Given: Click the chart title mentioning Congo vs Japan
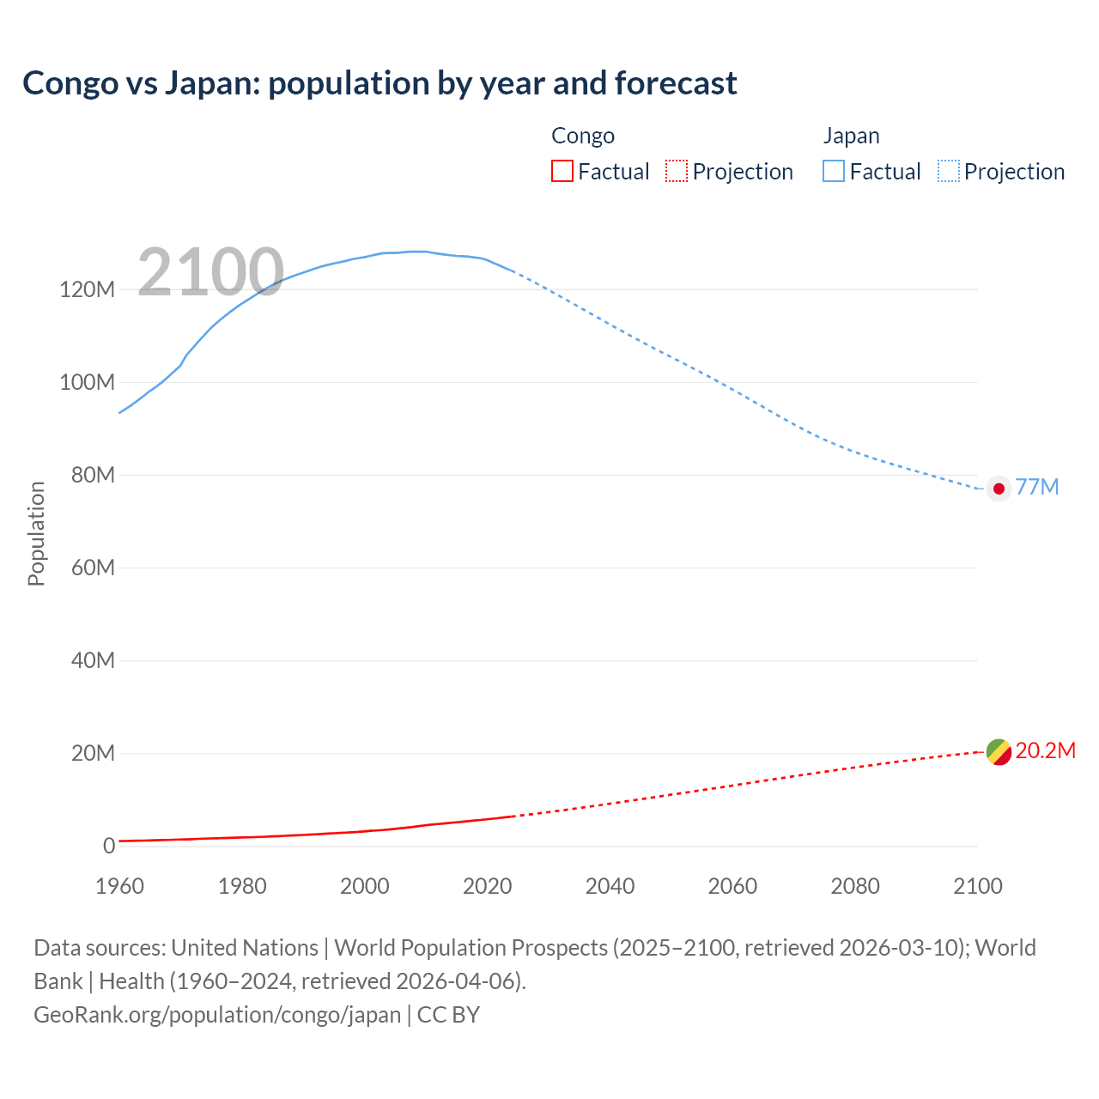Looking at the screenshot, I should [x=379, y=83].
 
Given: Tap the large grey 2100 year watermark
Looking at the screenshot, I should [x=210, y=272].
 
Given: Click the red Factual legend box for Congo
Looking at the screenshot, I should [x=562, y=172].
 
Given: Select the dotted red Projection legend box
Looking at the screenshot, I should [x=677, y=172].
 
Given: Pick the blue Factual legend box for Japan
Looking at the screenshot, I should [x=833, y=172].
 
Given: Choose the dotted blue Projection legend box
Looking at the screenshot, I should [x=948, y=172].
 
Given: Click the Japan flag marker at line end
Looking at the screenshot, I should [x=999, y=489].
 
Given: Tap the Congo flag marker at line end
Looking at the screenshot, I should [x=999, y=752].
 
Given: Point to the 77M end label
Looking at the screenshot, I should [x=1037, y=487].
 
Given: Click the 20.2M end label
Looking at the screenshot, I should [x=1045, y=751].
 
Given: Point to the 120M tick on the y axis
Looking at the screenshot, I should [x=87, y=289].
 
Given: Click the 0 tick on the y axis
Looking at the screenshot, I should [x=109, y=846].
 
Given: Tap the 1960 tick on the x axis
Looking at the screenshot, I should [x=119, y=886].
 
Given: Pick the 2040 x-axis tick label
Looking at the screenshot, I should [x=610, y=886].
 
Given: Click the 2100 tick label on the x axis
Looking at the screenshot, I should [x=977, y=886].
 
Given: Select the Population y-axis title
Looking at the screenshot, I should [x=36, y=533].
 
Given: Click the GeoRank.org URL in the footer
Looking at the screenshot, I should [x=217, y=1015].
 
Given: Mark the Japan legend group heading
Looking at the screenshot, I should [x=851, y=136].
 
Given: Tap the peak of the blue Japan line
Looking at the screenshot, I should [x=416, y=252].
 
